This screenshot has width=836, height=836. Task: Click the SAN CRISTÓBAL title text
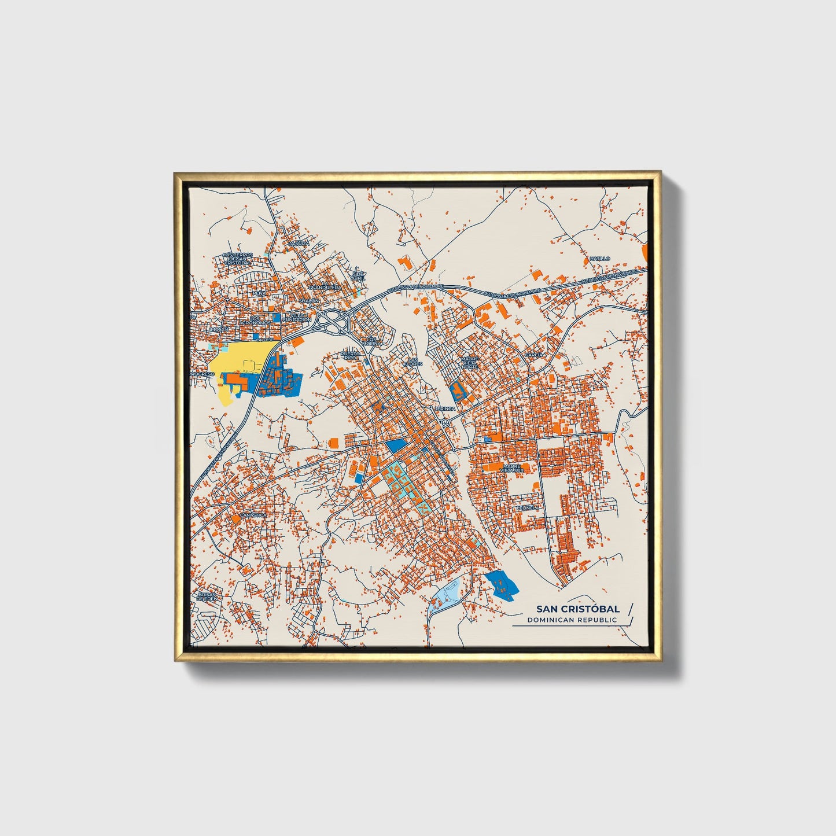pos(577,609)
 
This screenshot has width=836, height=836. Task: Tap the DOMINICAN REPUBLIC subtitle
pos(572,620)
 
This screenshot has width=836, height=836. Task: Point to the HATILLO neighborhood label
pos(600,258)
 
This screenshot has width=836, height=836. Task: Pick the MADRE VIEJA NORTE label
pos(470,363)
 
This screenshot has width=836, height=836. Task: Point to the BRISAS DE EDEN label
pos(207,596)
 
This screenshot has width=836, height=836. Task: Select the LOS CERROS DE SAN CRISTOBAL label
pos(237,259)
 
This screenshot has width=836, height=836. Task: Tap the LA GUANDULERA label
pos(324,287)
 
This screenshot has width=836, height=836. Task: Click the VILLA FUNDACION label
pos(300,318)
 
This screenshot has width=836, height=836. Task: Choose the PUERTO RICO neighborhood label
pos(350,355)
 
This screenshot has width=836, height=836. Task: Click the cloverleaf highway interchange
pos(332,321)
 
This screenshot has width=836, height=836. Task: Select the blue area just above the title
pos(501,583)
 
